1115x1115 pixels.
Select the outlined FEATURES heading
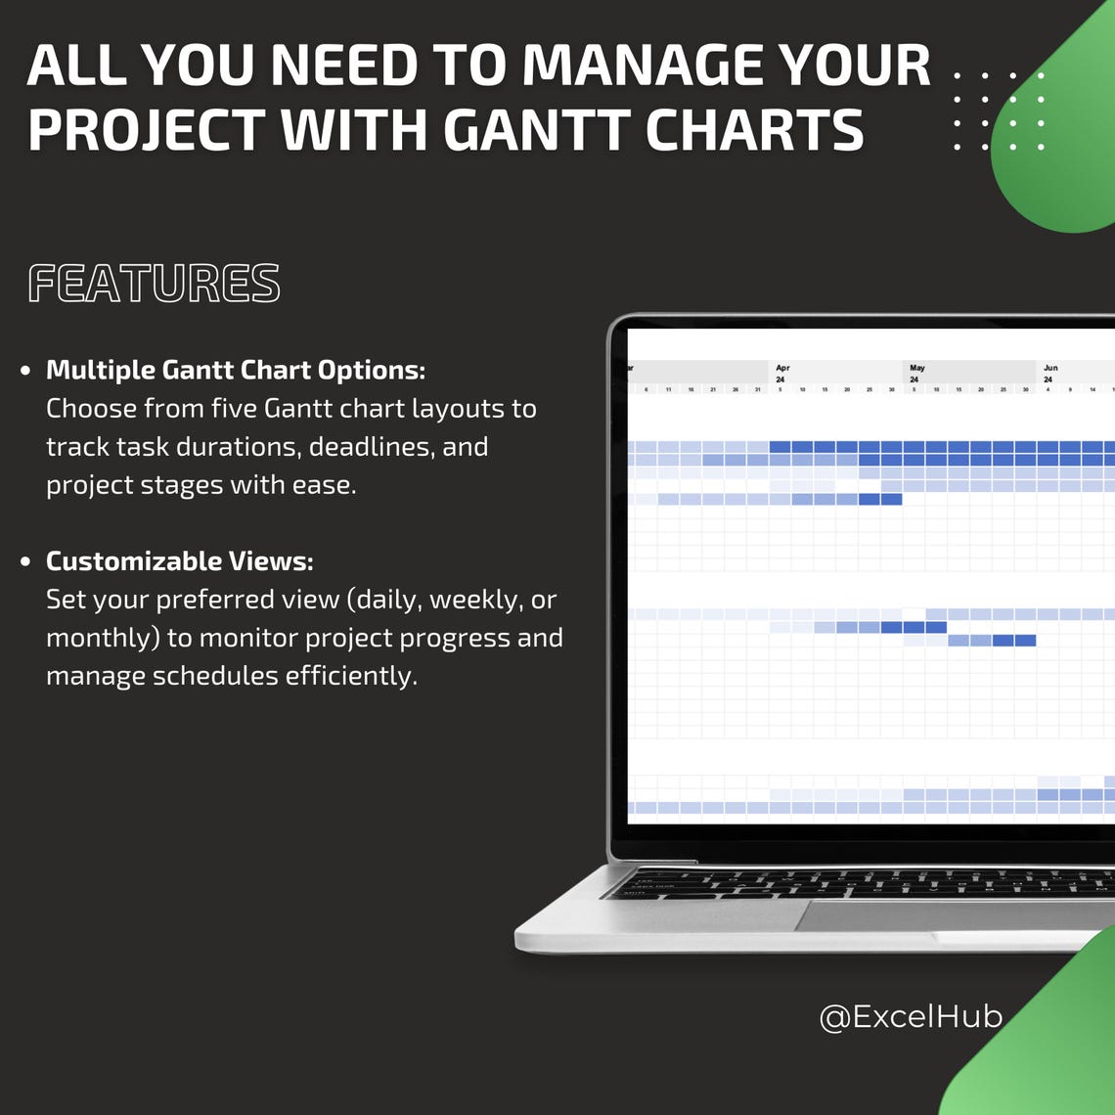pyautogui.click(x=154, y=284)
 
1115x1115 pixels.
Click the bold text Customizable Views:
pyautogui.click(x=179, y=561)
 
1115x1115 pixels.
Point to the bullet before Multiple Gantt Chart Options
pyautogui.click(x=25, y=371)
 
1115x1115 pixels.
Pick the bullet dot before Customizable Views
pyautogui.click(x=25, y=562)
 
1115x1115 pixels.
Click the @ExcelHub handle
pyautogui.click(x=910, y=1017)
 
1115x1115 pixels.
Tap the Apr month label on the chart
pyautogui.click(x=781, y=368)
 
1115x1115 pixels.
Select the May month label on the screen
pyautogui.click(x=916, y=368)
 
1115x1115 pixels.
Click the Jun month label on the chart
pyautogui.click(x=1049, y=368)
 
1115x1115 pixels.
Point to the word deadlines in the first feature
pyautogui.click(x=372, y=447)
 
